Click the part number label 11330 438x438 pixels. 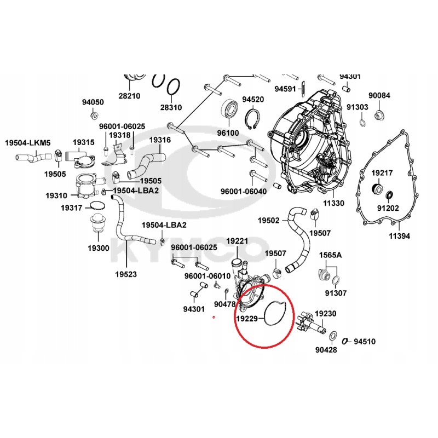(333, 203)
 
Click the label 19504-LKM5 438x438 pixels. (27, 143)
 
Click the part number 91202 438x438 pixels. (389, 208)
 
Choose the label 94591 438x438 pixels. (285, 88)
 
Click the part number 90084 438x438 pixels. (378, 96)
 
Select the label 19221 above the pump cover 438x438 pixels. (237, 241)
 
